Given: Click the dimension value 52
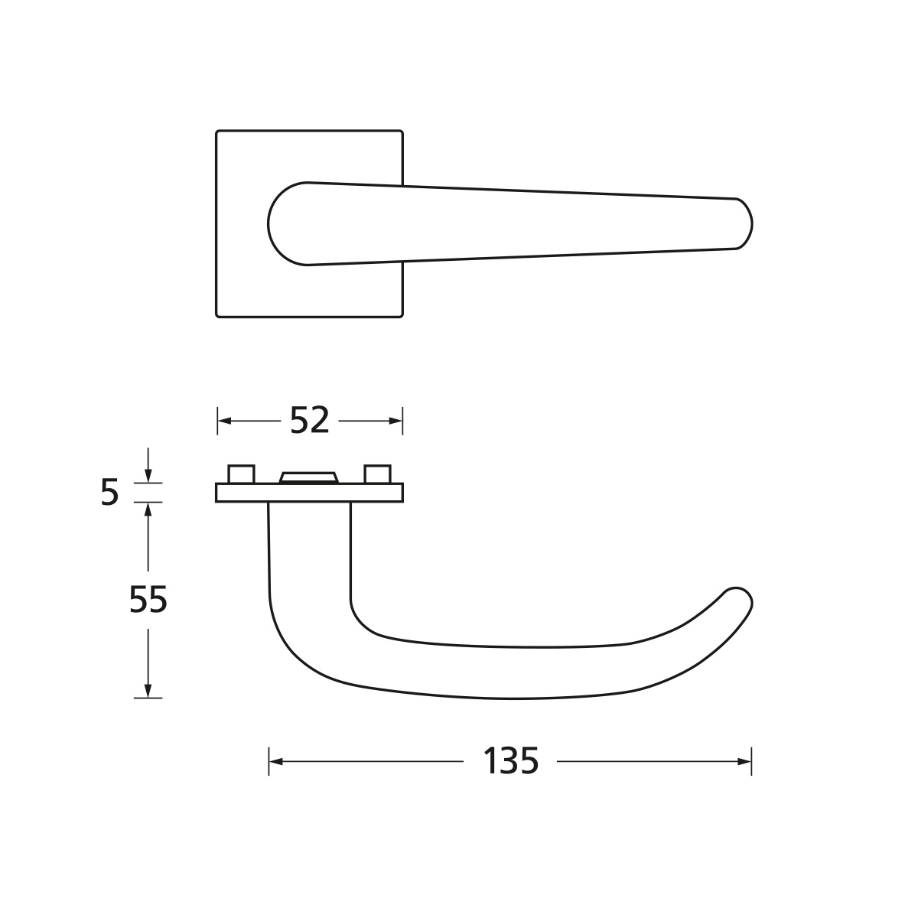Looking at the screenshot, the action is tap(309, 420).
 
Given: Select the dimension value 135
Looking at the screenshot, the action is tap(510, 761).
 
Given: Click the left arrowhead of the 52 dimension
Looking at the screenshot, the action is tap(224, 421).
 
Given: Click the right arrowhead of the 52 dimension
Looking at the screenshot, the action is tap(396, 421).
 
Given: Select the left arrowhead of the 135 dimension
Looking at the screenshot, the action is tap(276, 761).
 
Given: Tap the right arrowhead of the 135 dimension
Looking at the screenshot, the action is tap(744, 761).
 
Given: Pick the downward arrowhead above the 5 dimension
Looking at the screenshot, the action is tap(148, 476).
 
